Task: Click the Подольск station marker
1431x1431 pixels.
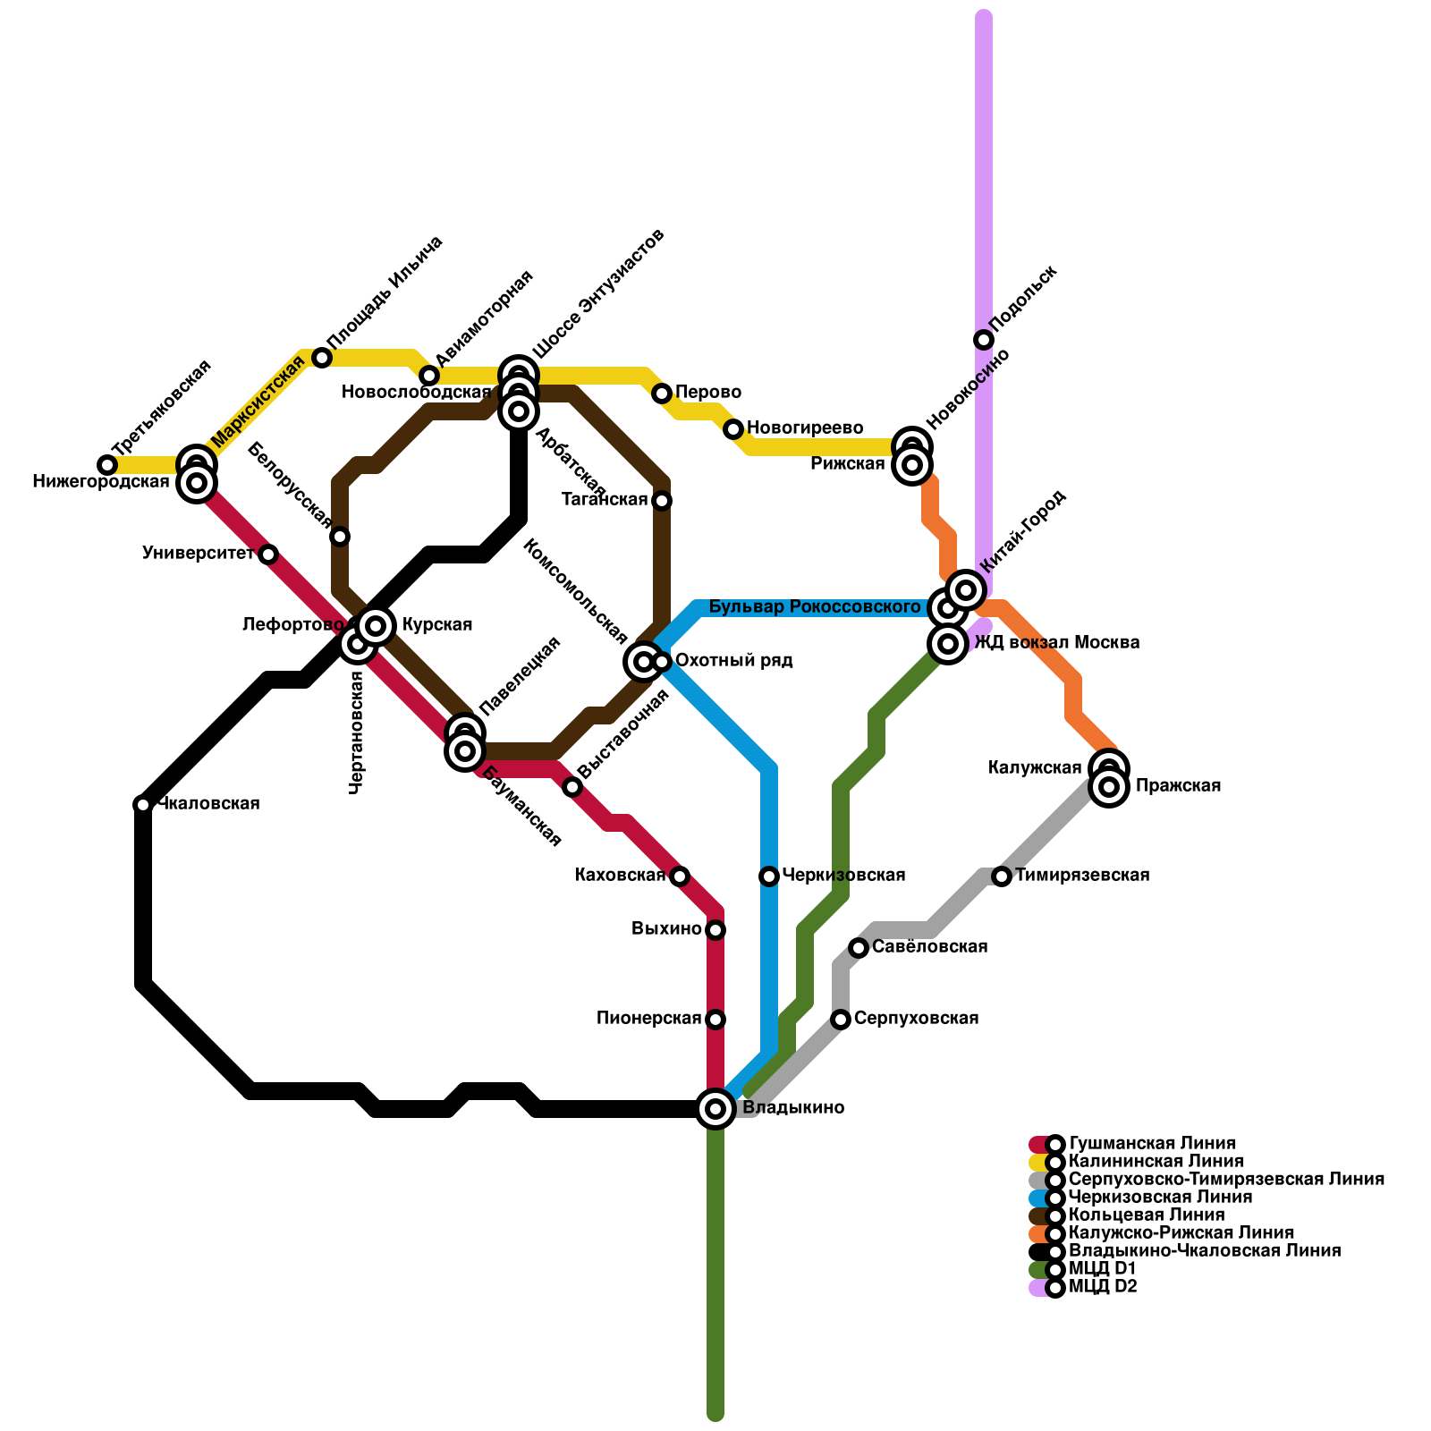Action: point(984,340)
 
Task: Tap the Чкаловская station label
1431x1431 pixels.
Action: point(208,804)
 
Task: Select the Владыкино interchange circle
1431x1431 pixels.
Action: point(715,1109)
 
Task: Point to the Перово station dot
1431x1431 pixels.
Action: point(662,394)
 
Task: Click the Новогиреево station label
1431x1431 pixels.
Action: point(805,428)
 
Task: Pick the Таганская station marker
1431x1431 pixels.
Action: point(662,501)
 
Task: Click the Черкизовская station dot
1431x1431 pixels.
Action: point(769,876)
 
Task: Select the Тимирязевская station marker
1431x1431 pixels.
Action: point(1002,876)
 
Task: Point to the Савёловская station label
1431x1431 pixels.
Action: point(929,947)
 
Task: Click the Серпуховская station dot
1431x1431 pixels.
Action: point(841,1020)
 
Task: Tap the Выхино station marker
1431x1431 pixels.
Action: point(715,930)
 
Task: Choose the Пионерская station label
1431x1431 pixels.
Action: point(648,1019)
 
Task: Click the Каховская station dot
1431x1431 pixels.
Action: point(680,876)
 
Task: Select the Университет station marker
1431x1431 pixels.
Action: point(268,555)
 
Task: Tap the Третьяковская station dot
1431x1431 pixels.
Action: point(107,465)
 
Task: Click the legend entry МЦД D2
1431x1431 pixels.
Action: point(1103,1287)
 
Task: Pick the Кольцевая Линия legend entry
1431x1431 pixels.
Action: point(1147,1215)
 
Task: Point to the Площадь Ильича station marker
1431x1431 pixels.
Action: point(322,358)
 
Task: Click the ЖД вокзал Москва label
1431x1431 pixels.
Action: point(1056,643)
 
